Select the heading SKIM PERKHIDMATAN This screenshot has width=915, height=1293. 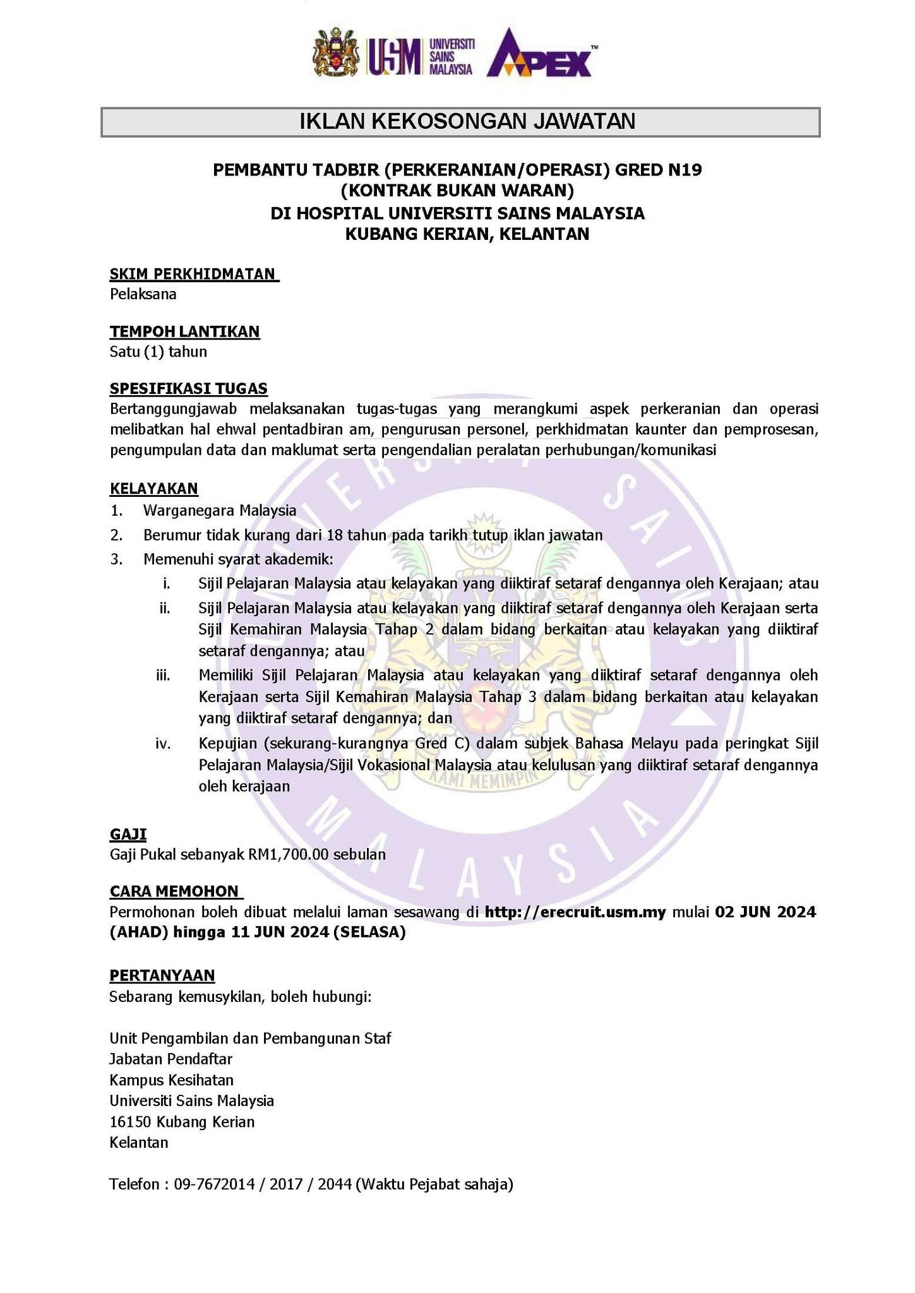click(193, 273)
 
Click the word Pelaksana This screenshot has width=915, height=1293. click(143, 294)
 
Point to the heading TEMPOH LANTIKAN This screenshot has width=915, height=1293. click(184, 331)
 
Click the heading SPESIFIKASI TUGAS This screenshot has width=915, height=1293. click(188, 388)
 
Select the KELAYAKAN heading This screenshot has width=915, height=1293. click(153, 488)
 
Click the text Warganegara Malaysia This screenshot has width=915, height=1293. click(220, 510)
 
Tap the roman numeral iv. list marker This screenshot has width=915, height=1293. click(163, 744)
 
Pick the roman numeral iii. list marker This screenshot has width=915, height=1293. click(163, 676)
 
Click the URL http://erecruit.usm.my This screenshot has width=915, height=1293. click(575, 912)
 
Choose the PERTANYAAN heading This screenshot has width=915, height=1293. click(162, 975)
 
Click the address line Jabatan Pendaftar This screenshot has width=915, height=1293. click(171, 1059)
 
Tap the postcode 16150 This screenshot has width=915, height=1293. click(131, 1122)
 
